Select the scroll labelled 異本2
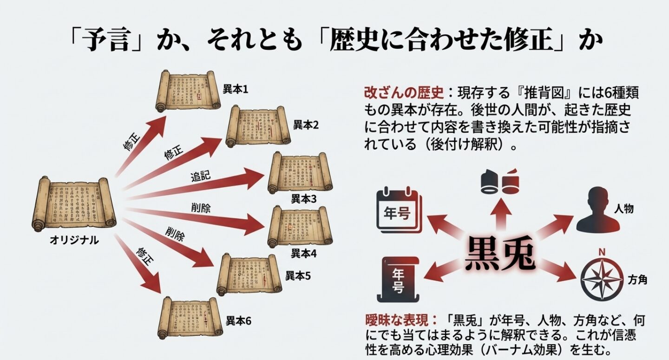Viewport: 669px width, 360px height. (258, 126)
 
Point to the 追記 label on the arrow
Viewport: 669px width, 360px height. (200, 177)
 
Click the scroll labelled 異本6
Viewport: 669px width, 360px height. (190, 317)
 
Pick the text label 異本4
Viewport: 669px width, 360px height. (304, 254)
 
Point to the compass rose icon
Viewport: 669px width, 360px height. (602, 279)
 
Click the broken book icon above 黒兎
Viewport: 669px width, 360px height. (500, 182)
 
